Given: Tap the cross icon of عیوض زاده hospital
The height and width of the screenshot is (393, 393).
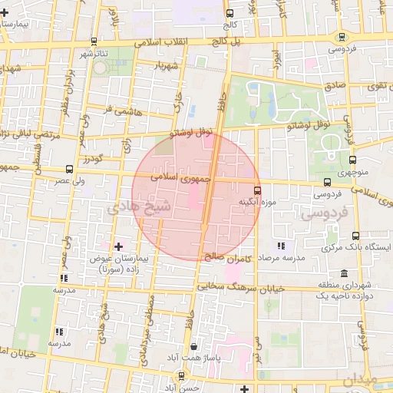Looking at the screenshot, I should point(118,246).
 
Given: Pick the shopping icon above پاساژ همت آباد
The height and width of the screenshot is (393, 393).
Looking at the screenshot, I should point(201,347).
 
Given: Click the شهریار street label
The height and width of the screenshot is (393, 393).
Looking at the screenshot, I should point(167,66).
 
